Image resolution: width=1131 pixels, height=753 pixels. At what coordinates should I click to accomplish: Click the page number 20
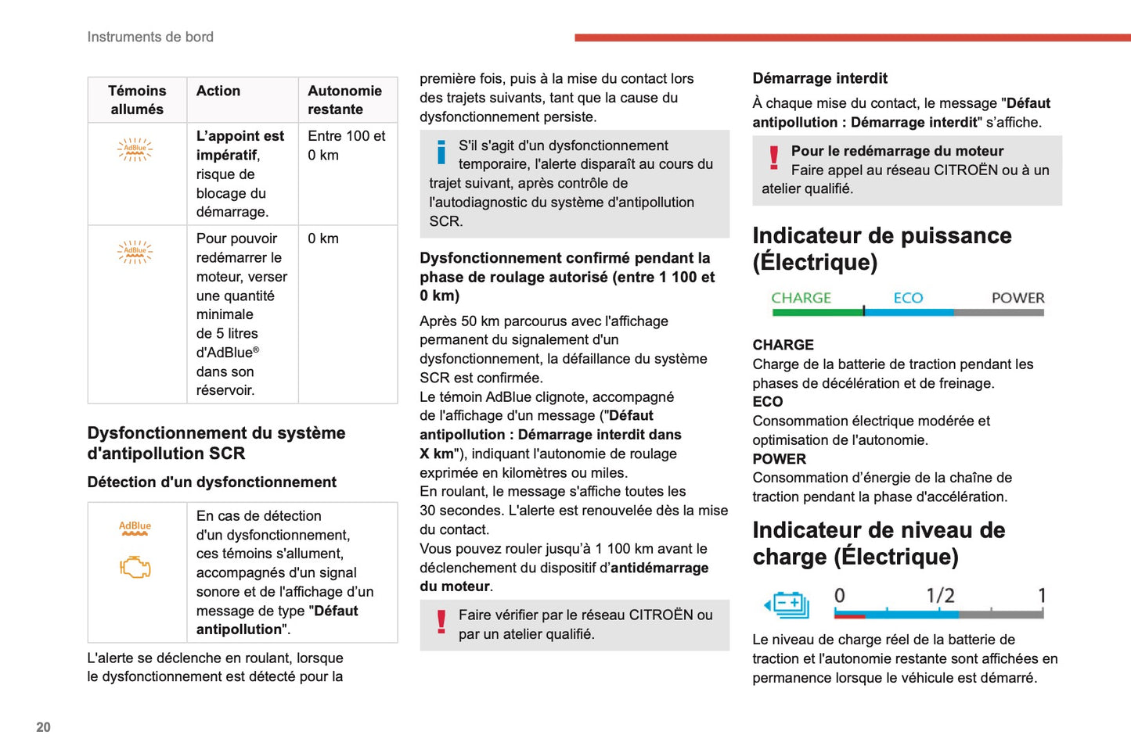43,727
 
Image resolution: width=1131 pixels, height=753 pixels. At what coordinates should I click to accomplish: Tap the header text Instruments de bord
150,37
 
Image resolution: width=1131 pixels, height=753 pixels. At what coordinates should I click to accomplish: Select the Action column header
218,91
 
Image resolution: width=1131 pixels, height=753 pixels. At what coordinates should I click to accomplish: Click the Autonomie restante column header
344,100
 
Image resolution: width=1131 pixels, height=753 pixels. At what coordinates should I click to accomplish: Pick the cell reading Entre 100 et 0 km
347,145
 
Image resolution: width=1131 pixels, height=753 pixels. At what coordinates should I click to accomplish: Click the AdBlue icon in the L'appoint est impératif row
135,149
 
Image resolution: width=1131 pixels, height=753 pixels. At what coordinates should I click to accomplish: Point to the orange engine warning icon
135,567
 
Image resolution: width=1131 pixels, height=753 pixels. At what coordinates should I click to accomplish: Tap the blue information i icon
441,152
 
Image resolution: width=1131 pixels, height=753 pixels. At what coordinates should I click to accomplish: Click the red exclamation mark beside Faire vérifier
441,622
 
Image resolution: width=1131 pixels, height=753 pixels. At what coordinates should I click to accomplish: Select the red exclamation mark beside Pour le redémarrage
774,158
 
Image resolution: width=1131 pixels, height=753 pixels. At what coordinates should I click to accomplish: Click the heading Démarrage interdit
819,78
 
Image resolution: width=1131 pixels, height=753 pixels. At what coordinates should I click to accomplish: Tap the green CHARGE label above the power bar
801,298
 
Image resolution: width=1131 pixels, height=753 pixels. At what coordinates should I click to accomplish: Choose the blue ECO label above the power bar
908,298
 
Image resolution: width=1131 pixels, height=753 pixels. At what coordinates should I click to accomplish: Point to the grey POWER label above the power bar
1018,298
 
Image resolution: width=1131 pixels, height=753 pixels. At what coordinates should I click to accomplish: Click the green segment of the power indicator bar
817,313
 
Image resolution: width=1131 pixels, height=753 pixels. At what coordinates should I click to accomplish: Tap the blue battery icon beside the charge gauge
787,604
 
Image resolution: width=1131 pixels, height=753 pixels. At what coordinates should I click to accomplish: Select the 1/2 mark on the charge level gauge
940,596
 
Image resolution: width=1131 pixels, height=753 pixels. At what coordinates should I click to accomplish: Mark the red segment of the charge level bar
849,615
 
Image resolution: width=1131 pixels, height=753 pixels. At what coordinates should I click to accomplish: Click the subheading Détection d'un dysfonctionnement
212,482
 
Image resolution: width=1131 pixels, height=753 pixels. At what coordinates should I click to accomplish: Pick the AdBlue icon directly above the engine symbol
135,529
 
